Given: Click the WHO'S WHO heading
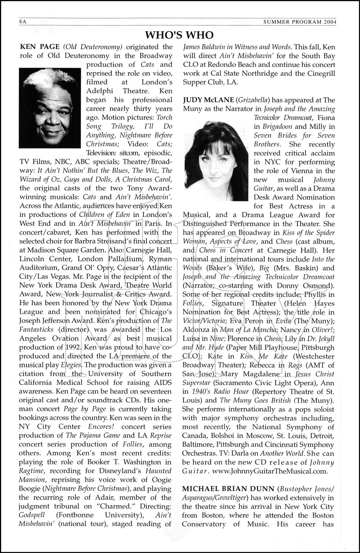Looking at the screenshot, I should (x=179, y=35).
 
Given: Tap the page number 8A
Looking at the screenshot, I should (x=23, y=22).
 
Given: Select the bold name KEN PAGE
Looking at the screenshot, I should (x=39, y=47).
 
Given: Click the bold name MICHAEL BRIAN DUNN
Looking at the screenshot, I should (x=228, y=489).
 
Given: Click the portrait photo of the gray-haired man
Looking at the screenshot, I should (x=50, y=108).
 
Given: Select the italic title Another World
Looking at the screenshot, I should (x=282, y=453).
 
